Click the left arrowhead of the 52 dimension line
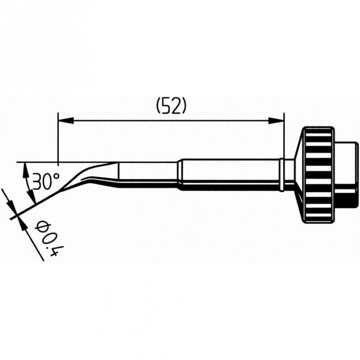tap(66, 121)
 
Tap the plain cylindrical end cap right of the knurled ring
tap(346, 175)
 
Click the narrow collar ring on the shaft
tap(282, 175)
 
